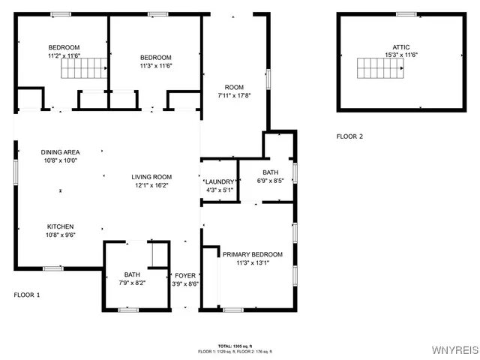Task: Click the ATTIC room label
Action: click(x=401, y=46)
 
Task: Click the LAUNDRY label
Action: click(x=220, y=181)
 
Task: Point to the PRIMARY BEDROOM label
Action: click(x=253, y=254)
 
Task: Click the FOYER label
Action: click(x=185, y=275)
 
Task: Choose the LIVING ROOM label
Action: click(x=152, y=177)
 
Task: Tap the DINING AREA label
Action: click(x=60, y=152)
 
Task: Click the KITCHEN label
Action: click(x=60, y=226)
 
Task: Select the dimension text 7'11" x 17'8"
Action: click(x=233, y=95)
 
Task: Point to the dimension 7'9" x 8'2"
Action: click(x=132, y=283)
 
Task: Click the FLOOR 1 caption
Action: click(x=27, y=295)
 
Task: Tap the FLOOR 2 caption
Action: click(x=349, y=136)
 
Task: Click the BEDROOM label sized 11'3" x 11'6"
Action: click(x=156, y=58)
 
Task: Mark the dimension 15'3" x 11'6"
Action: click(x=401, y=55)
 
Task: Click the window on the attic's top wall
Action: click(x=406, y=13)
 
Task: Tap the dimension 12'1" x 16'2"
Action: click(x=152, y=185)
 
